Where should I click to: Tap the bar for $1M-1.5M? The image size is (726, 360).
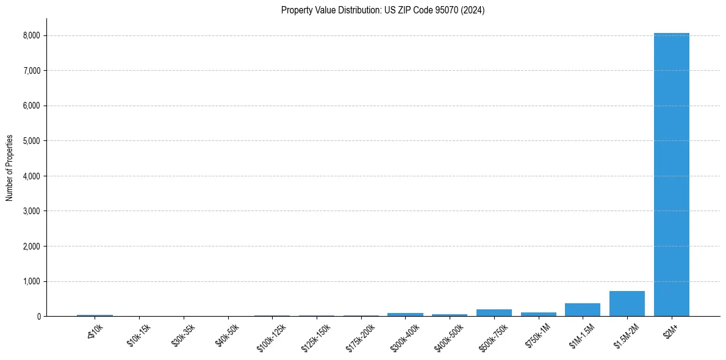point(583,310)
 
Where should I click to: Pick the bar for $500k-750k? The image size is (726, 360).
point(494,313)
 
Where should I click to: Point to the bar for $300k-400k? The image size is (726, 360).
point(405,314)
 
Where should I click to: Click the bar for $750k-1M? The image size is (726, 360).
point(538,314)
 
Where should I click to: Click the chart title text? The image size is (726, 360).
point(383,10)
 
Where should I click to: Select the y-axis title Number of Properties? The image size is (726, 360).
point(10,167)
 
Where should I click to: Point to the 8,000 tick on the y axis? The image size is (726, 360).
point(32,35)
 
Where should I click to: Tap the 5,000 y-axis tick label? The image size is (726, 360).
point(32,141)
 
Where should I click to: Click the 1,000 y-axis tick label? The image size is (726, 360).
point(32,281)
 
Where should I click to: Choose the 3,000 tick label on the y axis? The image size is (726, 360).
point(32,211)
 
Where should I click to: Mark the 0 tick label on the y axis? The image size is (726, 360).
point(38,317)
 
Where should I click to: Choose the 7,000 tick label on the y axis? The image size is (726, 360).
point(32,71)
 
